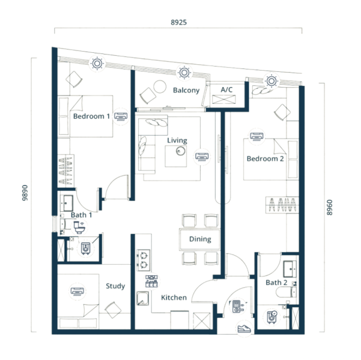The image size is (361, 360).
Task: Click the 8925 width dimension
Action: [178, 22]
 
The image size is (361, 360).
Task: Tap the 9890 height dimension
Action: [25, 193]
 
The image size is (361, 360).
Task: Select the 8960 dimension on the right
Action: [329, 208]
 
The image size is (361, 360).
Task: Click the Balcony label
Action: [186, 90]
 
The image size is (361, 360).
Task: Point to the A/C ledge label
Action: [226, 89]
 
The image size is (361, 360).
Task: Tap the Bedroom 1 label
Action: [91, 116]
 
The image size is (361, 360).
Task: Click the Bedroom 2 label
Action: [265, 158]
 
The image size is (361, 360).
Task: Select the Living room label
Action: [177, 140]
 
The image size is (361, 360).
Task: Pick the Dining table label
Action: [200, 239]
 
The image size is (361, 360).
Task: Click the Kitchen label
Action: [174, 298]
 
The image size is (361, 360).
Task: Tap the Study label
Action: [115, 286]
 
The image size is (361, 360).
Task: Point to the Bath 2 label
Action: [276, 283]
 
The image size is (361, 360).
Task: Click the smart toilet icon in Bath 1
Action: [79, 227]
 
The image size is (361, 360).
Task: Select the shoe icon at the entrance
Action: [244, 328]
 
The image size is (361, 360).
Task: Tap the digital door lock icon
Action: [238, 307]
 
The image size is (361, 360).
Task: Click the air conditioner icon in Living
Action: [202, 157]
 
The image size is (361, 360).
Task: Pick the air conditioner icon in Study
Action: [77, 292]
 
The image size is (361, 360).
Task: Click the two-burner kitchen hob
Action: [143, 260]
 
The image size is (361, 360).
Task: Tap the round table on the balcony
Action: [160, 86]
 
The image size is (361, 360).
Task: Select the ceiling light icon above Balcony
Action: [184, 73]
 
